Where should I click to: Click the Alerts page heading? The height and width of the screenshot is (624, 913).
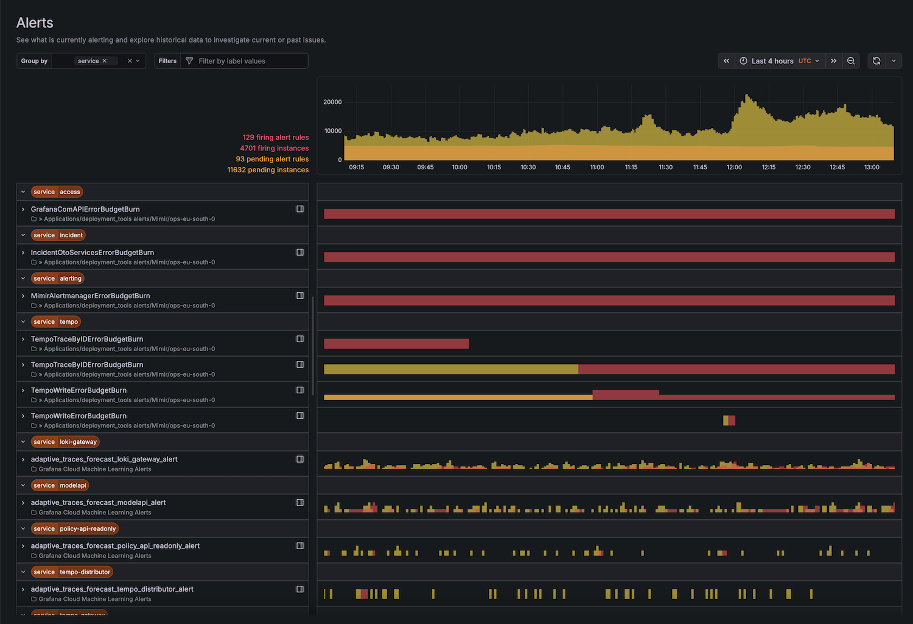pos(35,23)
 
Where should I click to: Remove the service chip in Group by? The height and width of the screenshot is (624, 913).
pos(105,61)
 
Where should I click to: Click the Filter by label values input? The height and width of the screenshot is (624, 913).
pos(250,61)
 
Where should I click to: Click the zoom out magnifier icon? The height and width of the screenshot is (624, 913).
pos(851,61)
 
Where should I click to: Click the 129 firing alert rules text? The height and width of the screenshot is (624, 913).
pos(275,138)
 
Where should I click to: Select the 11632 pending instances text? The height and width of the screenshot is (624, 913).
pos(268,170)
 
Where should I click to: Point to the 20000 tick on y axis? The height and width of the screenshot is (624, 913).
pos(332,102)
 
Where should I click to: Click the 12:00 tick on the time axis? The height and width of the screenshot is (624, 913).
pos(734,167)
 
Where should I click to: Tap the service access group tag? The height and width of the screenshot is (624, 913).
pos(57,192)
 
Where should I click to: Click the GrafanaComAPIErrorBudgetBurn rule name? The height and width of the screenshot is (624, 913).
pos(85,209)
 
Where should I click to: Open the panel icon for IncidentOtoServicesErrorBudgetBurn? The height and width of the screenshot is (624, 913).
pos(300,252)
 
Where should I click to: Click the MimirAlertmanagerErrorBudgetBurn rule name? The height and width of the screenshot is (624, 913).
pos(90,296)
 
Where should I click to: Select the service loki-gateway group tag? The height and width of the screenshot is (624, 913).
pos(65,442)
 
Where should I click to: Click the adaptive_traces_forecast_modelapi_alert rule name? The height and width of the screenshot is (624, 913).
pos(98,503)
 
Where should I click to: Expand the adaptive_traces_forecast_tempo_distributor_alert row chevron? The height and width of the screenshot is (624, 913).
pos(23,589)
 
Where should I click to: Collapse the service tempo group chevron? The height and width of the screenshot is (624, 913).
pos(23,322)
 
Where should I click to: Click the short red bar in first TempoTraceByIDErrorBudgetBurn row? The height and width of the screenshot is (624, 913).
pos(396,344)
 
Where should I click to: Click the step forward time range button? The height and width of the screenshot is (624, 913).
pos(834,61)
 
